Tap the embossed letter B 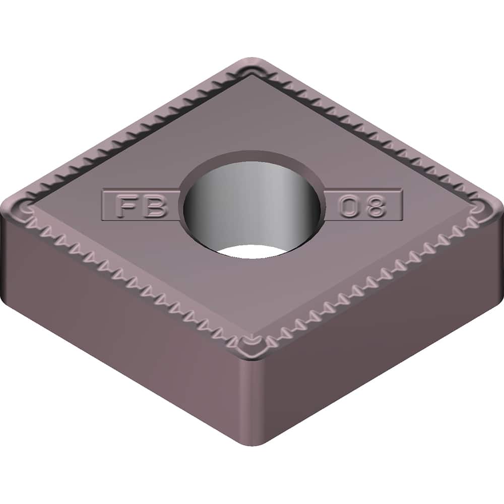[153, 206]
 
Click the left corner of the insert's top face [23, 207]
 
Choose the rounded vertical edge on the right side [496, 237]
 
